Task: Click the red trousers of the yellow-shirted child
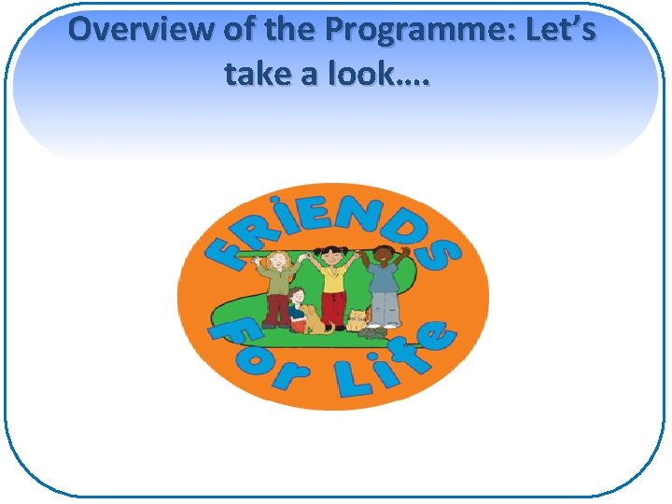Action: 334,306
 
